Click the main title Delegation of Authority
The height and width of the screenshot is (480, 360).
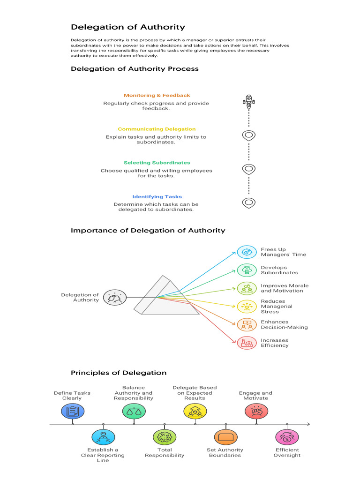pyautogui.click(x=127, y=27)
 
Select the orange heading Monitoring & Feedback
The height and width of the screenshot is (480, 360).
pyautogui.click(x=157, y=95)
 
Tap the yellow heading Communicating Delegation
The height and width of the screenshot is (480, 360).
pyautogui.click(x=157, y=129)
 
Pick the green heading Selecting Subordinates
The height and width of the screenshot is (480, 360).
pyautogui.click(x=157, y=163)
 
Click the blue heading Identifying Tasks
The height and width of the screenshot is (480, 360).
pyautogui.click(x=157, y=196)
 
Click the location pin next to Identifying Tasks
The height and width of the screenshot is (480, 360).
pyautogui.click(x=249, y=202)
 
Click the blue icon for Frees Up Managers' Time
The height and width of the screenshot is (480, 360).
pyautogui.click(x=247, y=252)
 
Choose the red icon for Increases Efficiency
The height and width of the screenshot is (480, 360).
pyautogui.click(x=247, y=343)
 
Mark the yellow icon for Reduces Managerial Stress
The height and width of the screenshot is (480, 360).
pyautogui.click(x=247, y=307)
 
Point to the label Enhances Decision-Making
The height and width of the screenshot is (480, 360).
pyautogui.click(x=284, y=324)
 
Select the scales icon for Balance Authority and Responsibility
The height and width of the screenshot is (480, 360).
pyautogui.click(x=134, y=411)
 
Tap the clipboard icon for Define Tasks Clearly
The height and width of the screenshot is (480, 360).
pyautogui.click(x=73, y=411)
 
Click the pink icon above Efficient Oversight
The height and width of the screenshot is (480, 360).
pyautogui.click(x=287, y=437)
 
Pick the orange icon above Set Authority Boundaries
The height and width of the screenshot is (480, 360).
pyautogui.click(x=226, y=437)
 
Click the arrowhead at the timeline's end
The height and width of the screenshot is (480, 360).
pyautogui.click(x=308, y=424)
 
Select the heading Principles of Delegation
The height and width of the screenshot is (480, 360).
pyautogui.click(x=119, y=373)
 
